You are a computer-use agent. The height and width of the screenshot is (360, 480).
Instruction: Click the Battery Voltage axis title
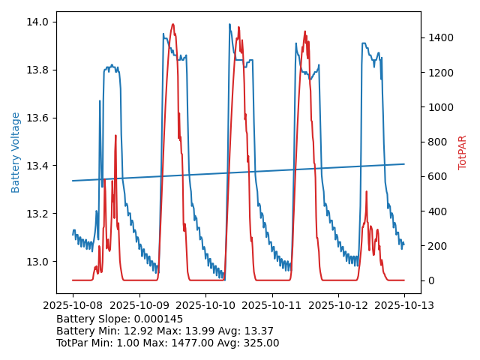pyautogui.click(x=16, y=152)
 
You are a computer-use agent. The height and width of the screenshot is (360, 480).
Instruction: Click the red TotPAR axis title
pyautogui.click(x=463, y=152)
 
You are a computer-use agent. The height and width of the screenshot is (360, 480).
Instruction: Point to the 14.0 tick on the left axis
pyautogui.click(x=37, y=22)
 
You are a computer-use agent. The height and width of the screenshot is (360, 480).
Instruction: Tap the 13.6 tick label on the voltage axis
pyautogui.click(x=37, y=118)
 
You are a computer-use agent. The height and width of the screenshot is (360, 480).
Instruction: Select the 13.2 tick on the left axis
pyautogui.click(x=37, y=214)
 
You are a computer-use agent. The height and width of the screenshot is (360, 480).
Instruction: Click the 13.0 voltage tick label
pyautogui.click(x=37, y=262)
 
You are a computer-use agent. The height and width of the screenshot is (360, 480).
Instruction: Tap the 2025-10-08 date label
pyautogui.click(x=73, y=305)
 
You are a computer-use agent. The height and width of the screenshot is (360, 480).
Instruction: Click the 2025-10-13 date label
pyautogui.click(x=404, y=305)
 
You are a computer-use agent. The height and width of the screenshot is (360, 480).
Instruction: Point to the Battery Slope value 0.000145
pyautogui.click(x=157, y=319)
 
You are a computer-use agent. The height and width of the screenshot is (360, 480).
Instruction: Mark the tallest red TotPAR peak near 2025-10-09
pyautogui.click(x=172, y=25)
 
